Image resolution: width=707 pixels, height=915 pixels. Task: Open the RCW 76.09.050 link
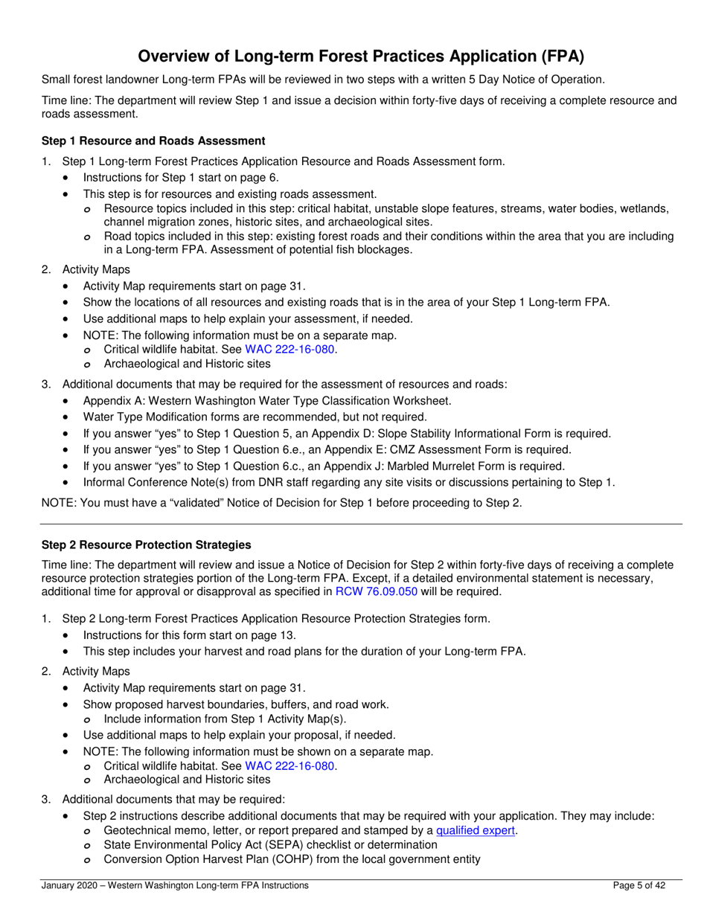pyautogui.click(x=377, y=592)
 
